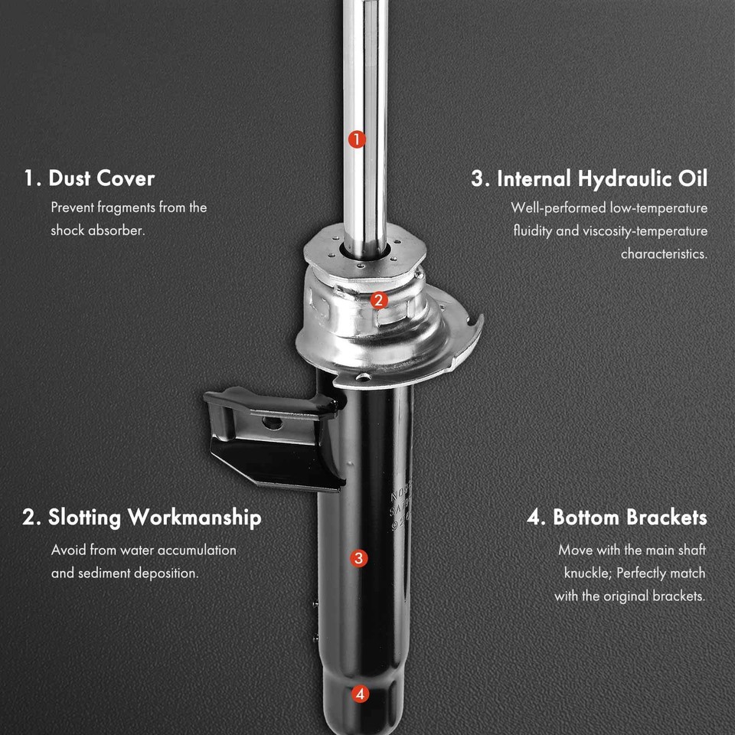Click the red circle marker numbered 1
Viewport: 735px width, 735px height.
[x=357, y=139]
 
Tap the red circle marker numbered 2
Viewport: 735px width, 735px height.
[x=379, y=300]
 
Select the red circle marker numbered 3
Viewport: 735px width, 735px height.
[x=358, y=558]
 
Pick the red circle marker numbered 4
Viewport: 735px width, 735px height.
[x=360, y=694]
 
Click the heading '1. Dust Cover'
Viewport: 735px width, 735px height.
[x=89, y=178]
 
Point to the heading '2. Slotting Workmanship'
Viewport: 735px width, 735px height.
[x=142, y=518]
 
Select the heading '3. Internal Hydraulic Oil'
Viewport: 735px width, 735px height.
[x=590, y=179]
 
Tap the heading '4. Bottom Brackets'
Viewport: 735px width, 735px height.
[x=617, y=518]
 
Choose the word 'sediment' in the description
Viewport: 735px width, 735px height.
[x=103, y=573]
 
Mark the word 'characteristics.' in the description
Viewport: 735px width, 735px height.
[x=665, y=254]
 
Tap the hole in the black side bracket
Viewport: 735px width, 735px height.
[x=272, y=423]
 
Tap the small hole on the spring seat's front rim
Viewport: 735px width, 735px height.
[x=363, y=377]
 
